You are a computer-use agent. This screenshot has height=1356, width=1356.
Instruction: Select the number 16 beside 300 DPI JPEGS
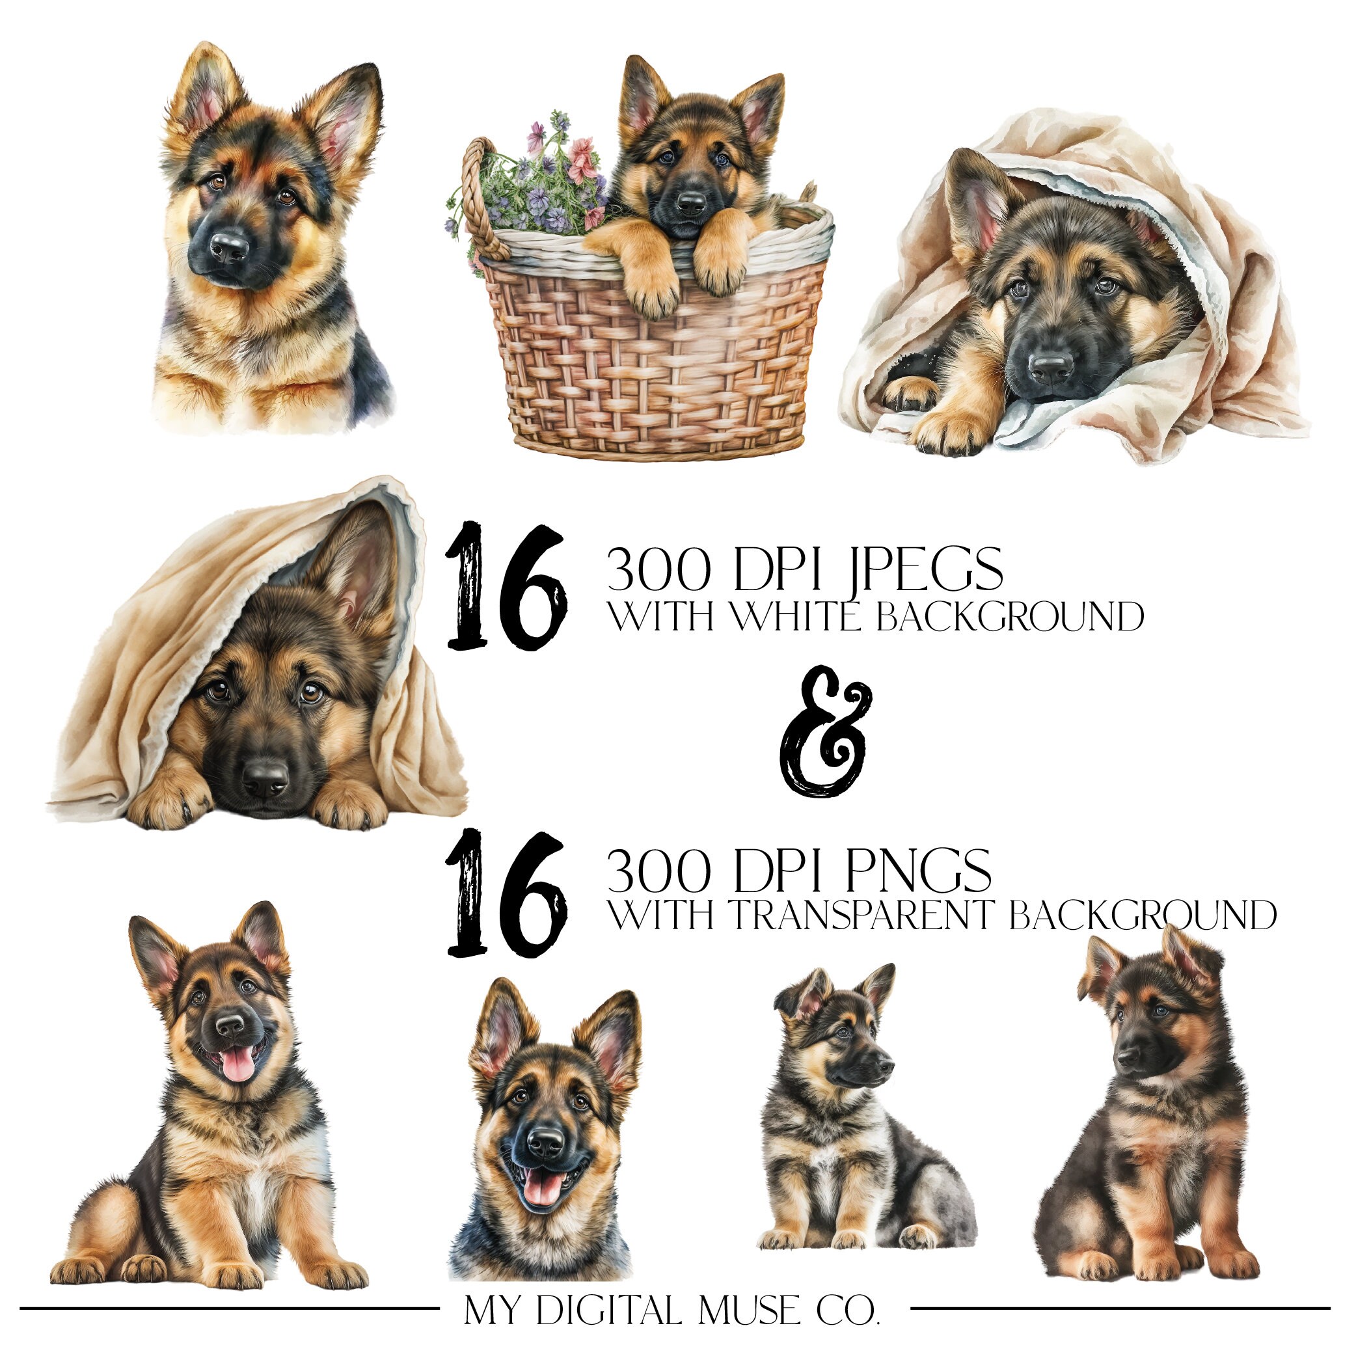[506, 586]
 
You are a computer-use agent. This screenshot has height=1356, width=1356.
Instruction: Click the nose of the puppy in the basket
[691, 203]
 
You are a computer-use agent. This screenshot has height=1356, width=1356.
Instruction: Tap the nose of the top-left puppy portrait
[230, 246]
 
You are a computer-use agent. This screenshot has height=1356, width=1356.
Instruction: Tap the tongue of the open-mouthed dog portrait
[543, 1188]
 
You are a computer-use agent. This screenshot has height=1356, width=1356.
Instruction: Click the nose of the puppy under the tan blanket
[265, 776]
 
